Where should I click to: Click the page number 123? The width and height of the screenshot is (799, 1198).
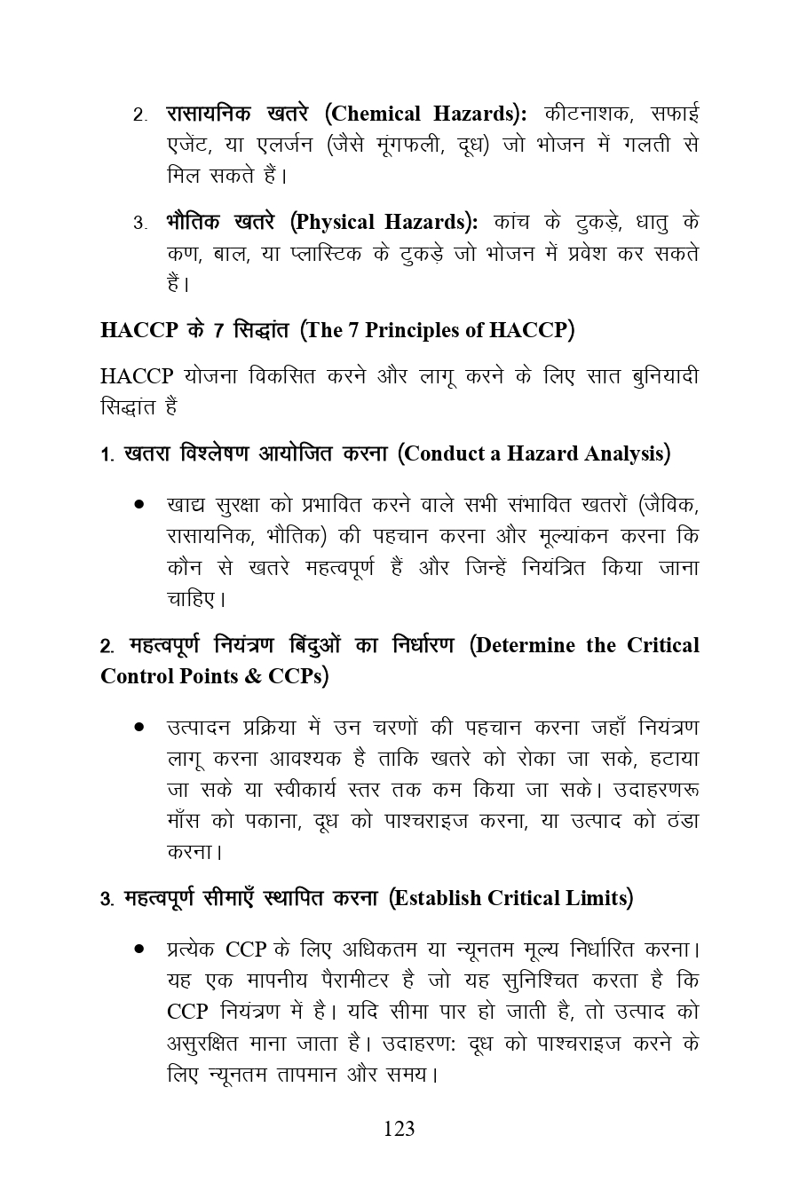pos(399,1129)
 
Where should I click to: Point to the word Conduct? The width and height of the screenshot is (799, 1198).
pos(452,453)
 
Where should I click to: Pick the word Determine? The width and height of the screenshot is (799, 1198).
pos(529,645)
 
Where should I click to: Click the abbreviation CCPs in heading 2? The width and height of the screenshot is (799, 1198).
pos(295,676)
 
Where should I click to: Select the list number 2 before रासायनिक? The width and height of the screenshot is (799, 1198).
pos(139,115)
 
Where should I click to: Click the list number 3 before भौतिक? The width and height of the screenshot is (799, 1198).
pos(139,223)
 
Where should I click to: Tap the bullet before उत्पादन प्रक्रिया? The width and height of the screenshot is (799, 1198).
pos(139,728)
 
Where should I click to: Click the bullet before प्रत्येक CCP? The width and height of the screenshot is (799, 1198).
pos(139,950)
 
